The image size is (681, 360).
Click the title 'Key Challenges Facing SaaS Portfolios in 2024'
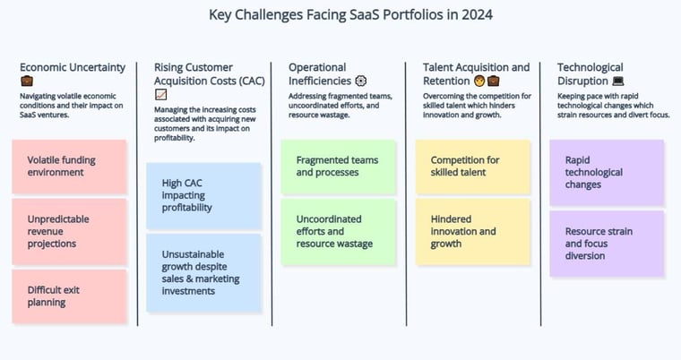tap(350, 14)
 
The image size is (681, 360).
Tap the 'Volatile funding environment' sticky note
tap(70, 167)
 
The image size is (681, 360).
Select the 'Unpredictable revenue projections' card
tap(70, 231)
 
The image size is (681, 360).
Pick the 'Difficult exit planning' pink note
tap(70, 296)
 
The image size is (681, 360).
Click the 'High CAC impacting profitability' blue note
tap(203, 196)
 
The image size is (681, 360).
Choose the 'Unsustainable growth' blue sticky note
tap(203, 273)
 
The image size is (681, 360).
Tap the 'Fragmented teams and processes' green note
tap(339, 167)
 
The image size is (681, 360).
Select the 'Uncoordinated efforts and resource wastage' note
tap(339, 231)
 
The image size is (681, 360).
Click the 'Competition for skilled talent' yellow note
tap(473, 167)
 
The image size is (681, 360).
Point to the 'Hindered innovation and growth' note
tap(473, 231)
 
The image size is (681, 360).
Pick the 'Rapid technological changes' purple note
tap(607, 173)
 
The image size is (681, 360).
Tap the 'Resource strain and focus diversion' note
tap(607, 244)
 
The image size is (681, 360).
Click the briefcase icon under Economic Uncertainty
tap(27, 81)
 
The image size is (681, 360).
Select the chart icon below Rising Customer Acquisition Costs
tap(160, 94)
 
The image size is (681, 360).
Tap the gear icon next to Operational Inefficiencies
tap(361, 81)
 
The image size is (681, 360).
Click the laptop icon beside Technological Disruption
tap(618, 81)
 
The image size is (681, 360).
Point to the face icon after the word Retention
tap(479, 81)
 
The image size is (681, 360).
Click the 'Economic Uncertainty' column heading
tap(73, 67)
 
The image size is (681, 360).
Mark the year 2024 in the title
tap(477, 14)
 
